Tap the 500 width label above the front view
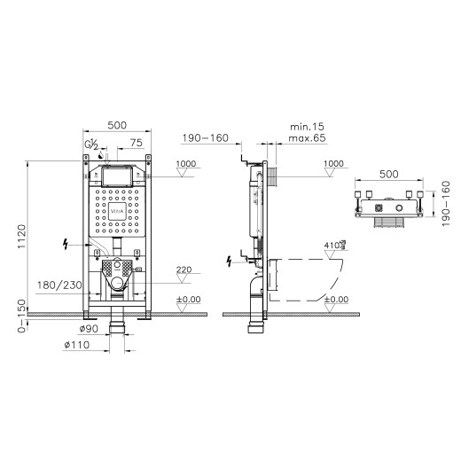[x=116, y=126]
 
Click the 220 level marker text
[x=184, y=270]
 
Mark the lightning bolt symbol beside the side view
[x=231, y=261]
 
